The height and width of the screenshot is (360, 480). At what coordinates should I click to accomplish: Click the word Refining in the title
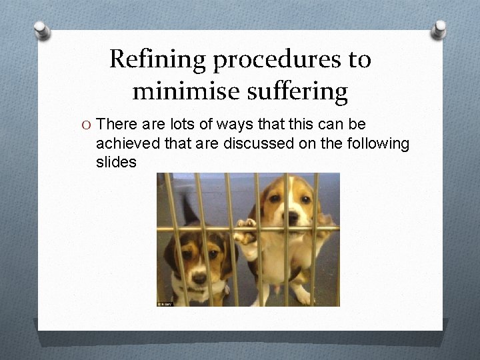(x=157, y=60)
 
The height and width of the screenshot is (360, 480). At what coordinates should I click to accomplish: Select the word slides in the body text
(x=116, y=162)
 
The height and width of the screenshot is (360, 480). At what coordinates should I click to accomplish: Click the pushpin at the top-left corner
(x=41, y=29)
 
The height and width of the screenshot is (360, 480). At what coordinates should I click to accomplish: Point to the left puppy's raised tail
(x=189, y=210)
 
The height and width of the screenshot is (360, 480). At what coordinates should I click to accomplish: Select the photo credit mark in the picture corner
(x=164, y=303)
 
